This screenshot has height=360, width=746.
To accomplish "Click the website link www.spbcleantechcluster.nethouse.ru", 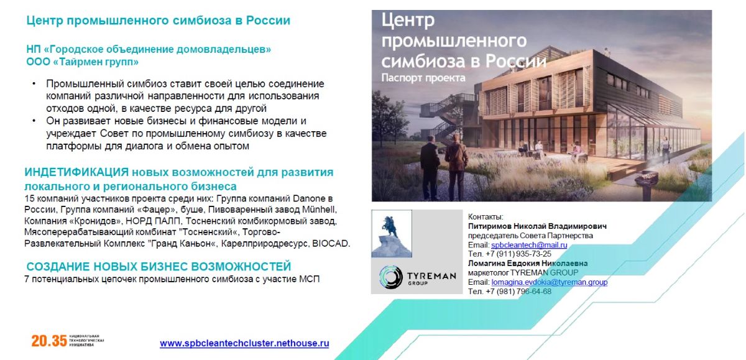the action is (x=244, y=343).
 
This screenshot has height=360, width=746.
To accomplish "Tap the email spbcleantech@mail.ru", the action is (x=529, y=245).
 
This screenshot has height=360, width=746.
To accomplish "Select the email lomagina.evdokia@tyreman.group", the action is (x=549, y=282).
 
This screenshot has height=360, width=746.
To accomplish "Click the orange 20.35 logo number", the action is (x=49, y=341).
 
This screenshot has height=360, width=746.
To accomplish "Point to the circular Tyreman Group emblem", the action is (x=390, y=277).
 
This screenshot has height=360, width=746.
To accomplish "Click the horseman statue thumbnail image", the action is (x=392, y=233).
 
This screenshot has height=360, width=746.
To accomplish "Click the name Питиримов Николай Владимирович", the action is (x=537, y=226).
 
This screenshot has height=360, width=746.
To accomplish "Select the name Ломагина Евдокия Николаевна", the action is (x=528, y=264).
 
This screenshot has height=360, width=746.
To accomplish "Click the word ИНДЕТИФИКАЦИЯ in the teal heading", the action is (x=76, y=172).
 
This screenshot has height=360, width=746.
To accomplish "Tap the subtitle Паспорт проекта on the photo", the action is (x=423, y=78).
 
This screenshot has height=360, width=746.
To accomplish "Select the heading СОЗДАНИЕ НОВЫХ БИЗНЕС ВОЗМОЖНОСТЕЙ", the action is (x=159, y=266).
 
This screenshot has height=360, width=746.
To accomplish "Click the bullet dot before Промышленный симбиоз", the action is (x=34, y=83).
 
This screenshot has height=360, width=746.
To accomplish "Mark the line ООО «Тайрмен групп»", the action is (x=82, y=62).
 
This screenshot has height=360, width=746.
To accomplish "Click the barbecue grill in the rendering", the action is (x=645, y=182).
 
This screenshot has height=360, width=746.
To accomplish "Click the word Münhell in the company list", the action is (x=319, y=210).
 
